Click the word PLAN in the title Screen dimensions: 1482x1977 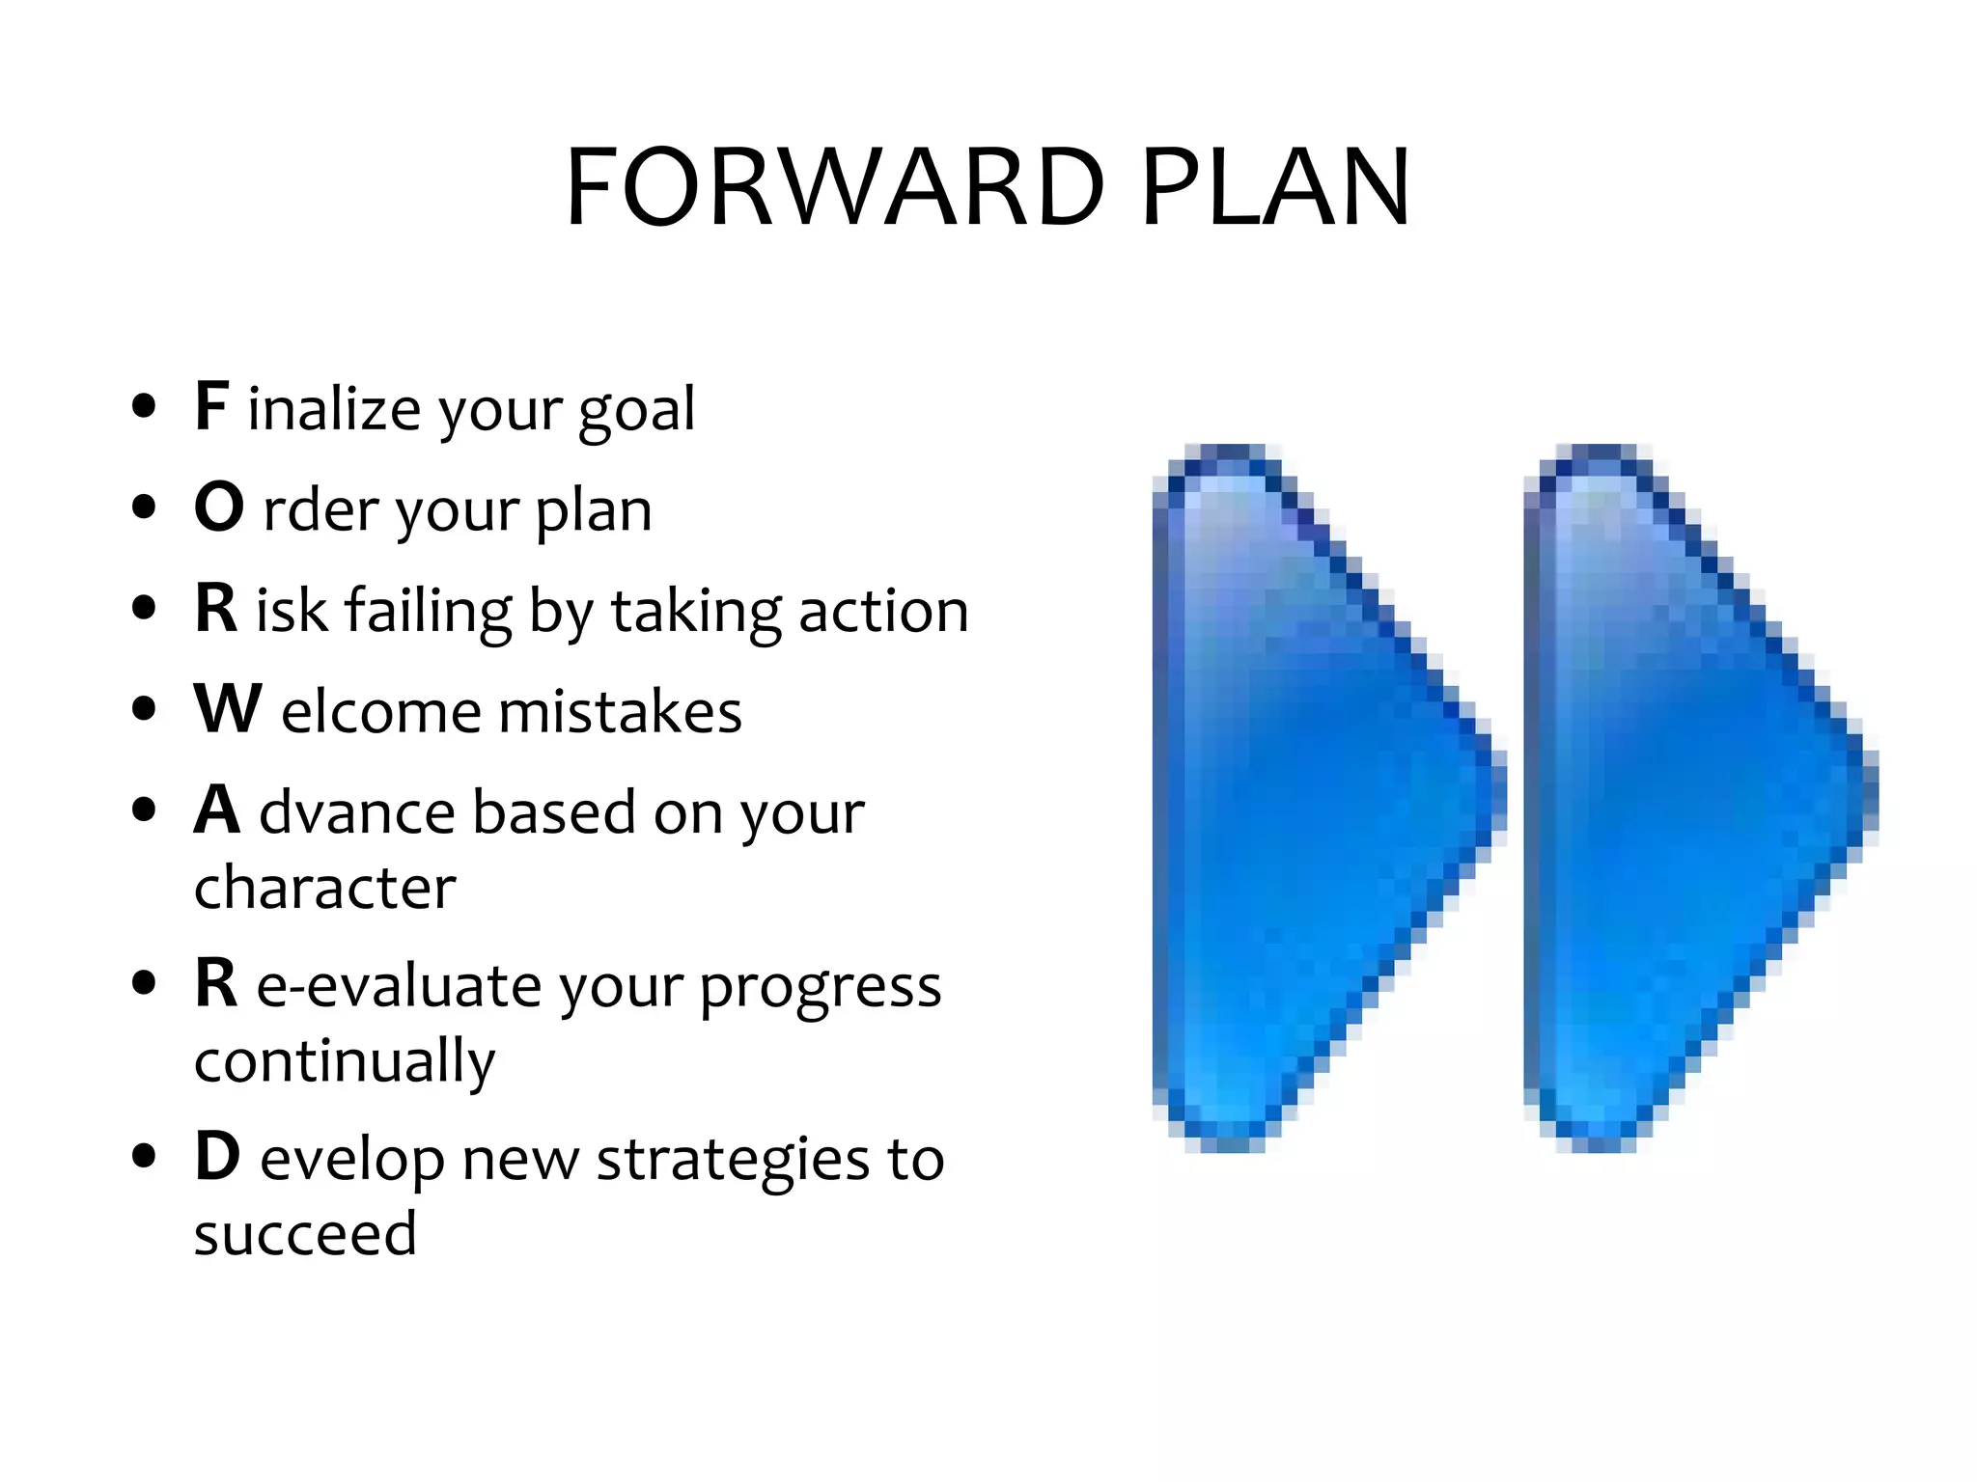pos(1276,188)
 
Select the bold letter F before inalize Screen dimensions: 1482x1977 pos(211,406)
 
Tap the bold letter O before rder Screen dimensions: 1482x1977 pos(219,508)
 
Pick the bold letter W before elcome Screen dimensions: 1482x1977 pos(228,709)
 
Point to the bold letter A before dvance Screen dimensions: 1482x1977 pos(217,810)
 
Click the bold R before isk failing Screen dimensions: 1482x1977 pos(215,609)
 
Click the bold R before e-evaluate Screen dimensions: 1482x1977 pos(215,983)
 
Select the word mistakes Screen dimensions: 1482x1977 pos(620,712)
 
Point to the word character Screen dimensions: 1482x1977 pos(324,888)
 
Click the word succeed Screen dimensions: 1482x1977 pos(305,1234)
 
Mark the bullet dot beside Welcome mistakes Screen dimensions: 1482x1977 pos(144,709)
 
